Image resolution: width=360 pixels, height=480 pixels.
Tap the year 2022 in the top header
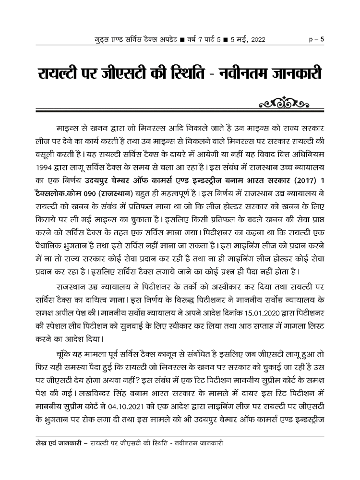(254, 38)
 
